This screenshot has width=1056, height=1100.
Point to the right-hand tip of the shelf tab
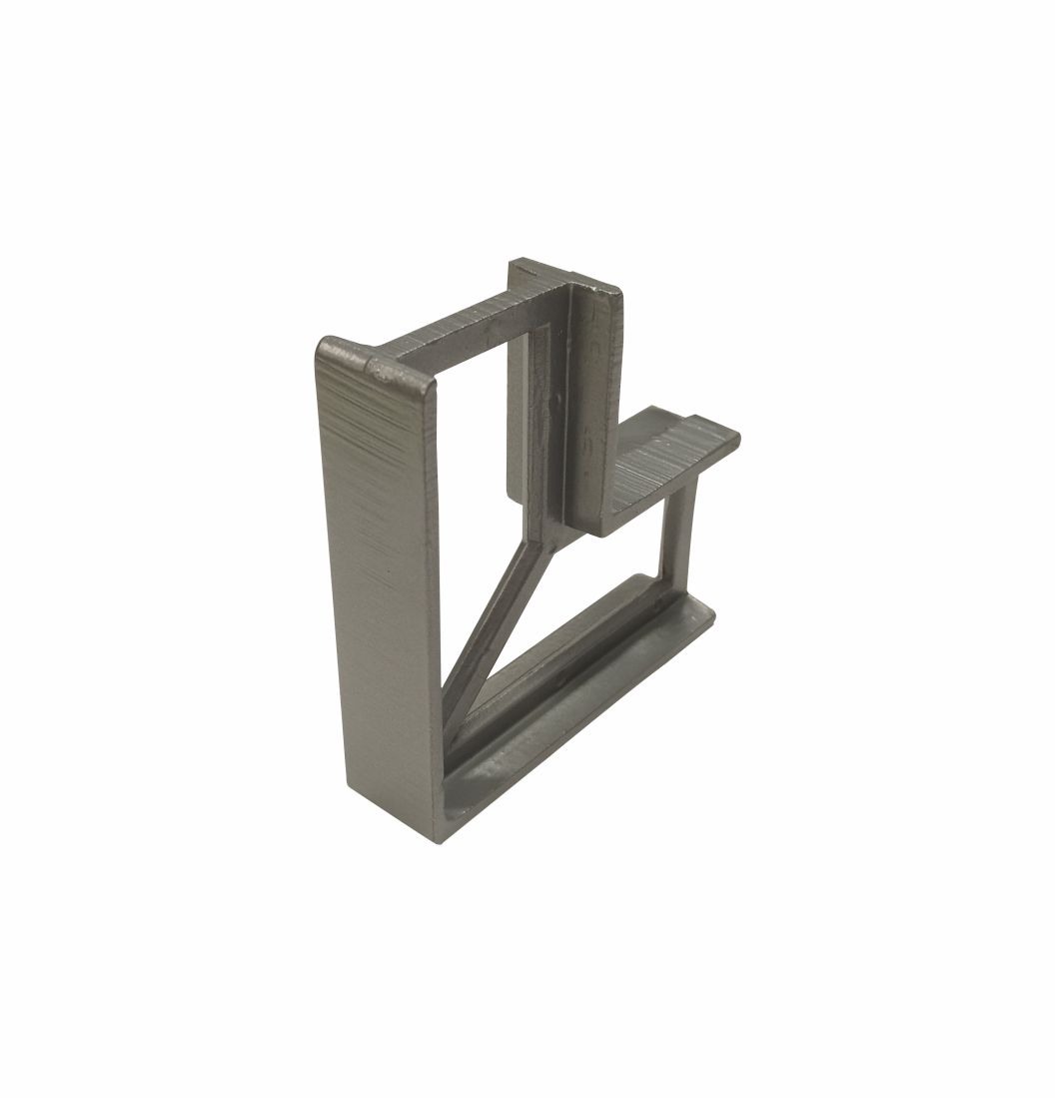(736, 438)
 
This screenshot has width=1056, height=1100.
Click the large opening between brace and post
(589, 589)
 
